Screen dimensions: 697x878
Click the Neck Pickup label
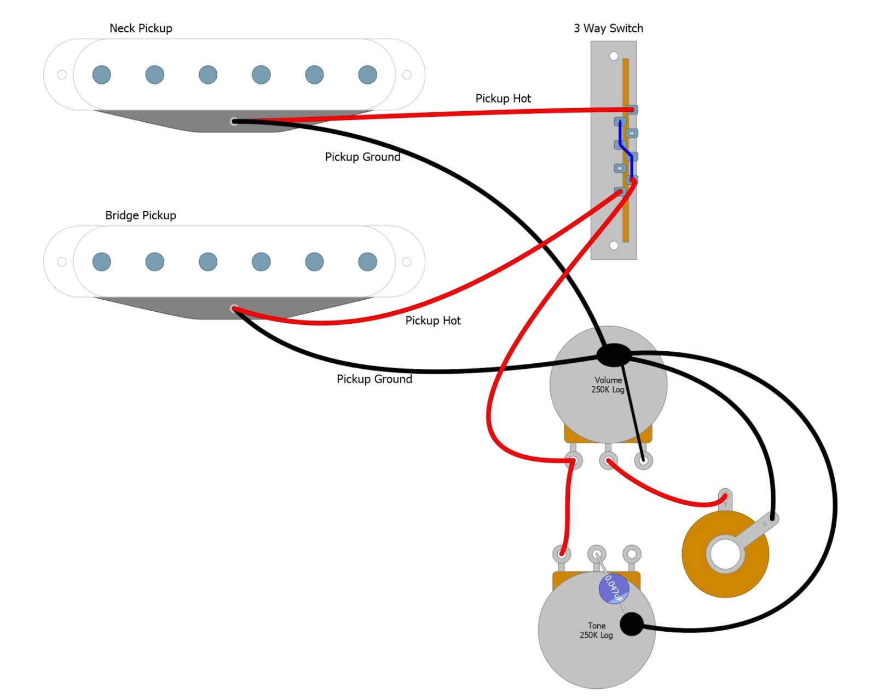pos(141,28)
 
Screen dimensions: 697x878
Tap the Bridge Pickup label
pos(141,215)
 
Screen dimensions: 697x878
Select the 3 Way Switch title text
pos(608,28)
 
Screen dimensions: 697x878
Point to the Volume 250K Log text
pos(608,385)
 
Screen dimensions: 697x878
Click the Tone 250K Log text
pos(596,630)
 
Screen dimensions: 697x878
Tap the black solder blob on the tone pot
pos(632,624)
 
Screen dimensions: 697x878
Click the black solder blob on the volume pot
pos(614,355)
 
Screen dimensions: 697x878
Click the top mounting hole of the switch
pos(614,56)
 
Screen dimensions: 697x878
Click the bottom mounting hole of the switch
pos(614,245)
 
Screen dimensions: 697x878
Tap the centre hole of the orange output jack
pos(725,555)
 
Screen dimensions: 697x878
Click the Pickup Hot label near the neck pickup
pos(503,99)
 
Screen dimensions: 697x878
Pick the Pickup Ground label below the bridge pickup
pos(374,379)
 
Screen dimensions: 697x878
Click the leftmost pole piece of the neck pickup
pos(102,75)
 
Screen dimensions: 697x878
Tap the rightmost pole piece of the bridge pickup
pos(367,262)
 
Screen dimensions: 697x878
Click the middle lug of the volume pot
pos(608,461)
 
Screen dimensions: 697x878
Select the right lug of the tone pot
pos(632,553)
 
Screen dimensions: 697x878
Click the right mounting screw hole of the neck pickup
pos(407,75)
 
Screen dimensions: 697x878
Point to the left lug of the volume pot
pos(573,461)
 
